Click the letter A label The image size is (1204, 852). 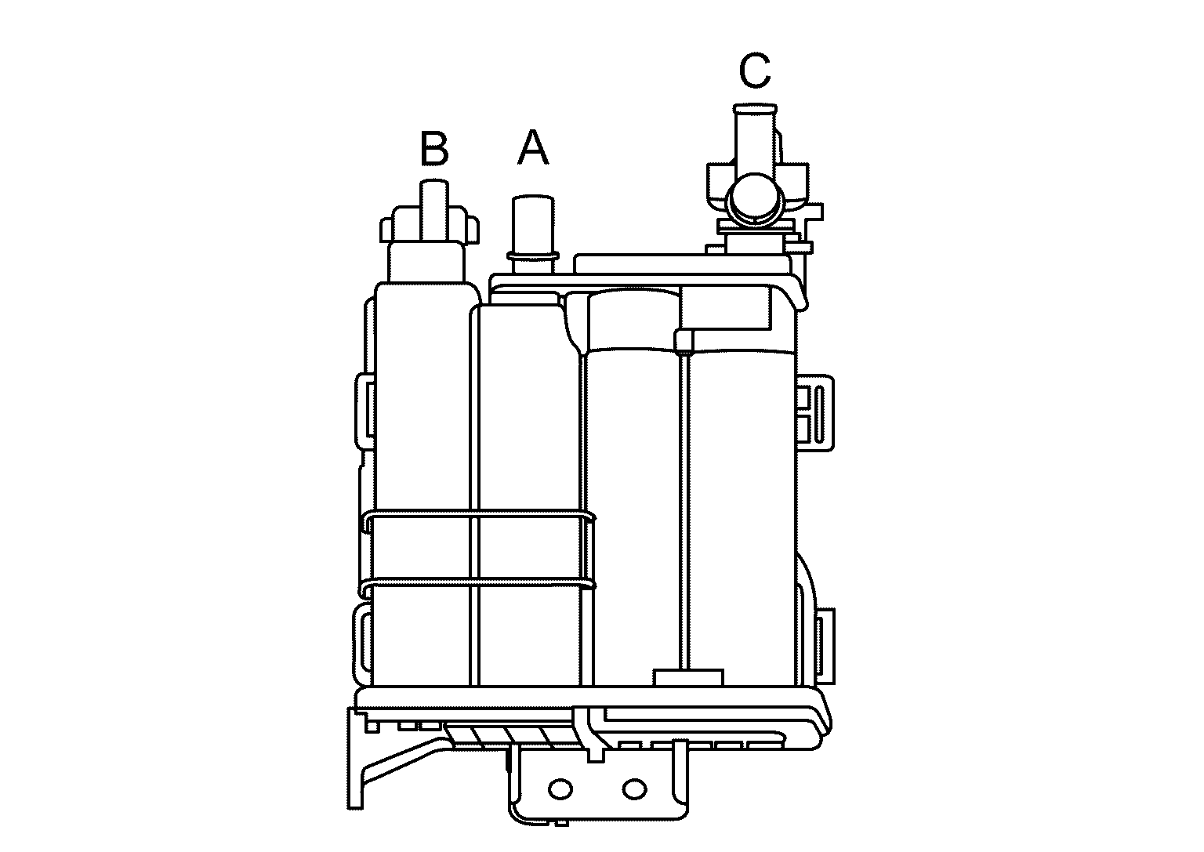point(533,148)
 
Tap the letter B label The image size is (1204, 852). point(434,149)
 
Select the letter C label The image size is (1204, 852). point(754,71)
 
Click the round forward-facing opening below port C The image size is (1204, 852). point(755,198)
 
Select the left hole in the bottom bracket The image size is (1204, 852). point(560,788)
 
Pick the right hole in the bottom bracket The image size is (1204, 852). point(633,788)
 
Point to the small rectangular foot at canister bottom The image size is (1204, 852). point(687,677)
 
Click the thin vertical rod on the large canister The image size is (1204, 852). point(685,509)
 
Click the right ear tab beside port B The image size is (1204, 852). point(471,229)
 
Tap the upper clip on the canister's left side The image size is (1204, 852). point(364,411)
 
